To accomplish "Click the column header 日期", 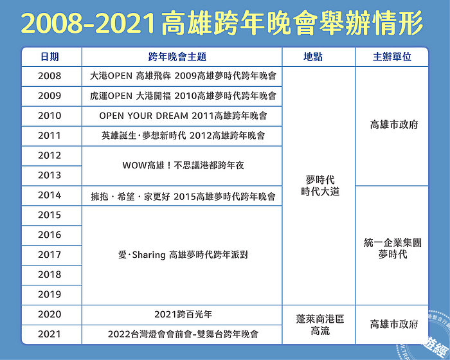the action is [50, 57].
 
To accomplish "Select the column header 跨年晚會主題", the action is [177, 57].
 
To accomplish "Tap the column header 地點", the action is [313, 57].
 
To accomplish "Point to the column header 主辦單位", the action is [392, 57].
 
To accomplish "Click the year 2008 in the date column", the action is [50, 76].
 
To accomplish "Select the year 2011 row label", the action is [50, 135].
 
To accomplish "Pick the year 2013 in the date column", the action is [50, 175].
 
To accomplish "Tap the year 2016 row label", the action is [50, 235].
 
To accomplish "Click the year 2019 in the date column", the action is [50, 294].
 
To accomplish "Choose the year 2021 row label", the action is [50, 334].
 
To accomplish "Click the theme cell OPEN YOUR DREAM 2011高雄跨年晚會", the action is [183, 116].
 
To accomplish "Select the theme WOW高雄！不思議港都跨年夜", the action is [183, 165].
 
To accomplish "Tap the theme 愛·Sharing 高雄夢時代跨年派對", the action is [183, 255].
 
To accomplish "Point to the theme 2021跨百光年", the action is [183, 314].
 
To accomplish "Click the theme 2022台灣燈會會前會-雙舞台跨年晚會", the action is [183, 334].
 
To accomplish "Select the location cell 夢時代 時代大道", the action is [320, 185].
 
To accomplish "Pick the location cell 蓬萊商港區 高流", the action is [320, 325].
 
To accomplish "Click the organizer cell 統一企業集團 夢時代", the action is [393, 248].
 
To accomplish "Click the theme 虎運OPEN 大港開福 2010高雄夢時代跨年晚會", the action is [183, 96].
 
